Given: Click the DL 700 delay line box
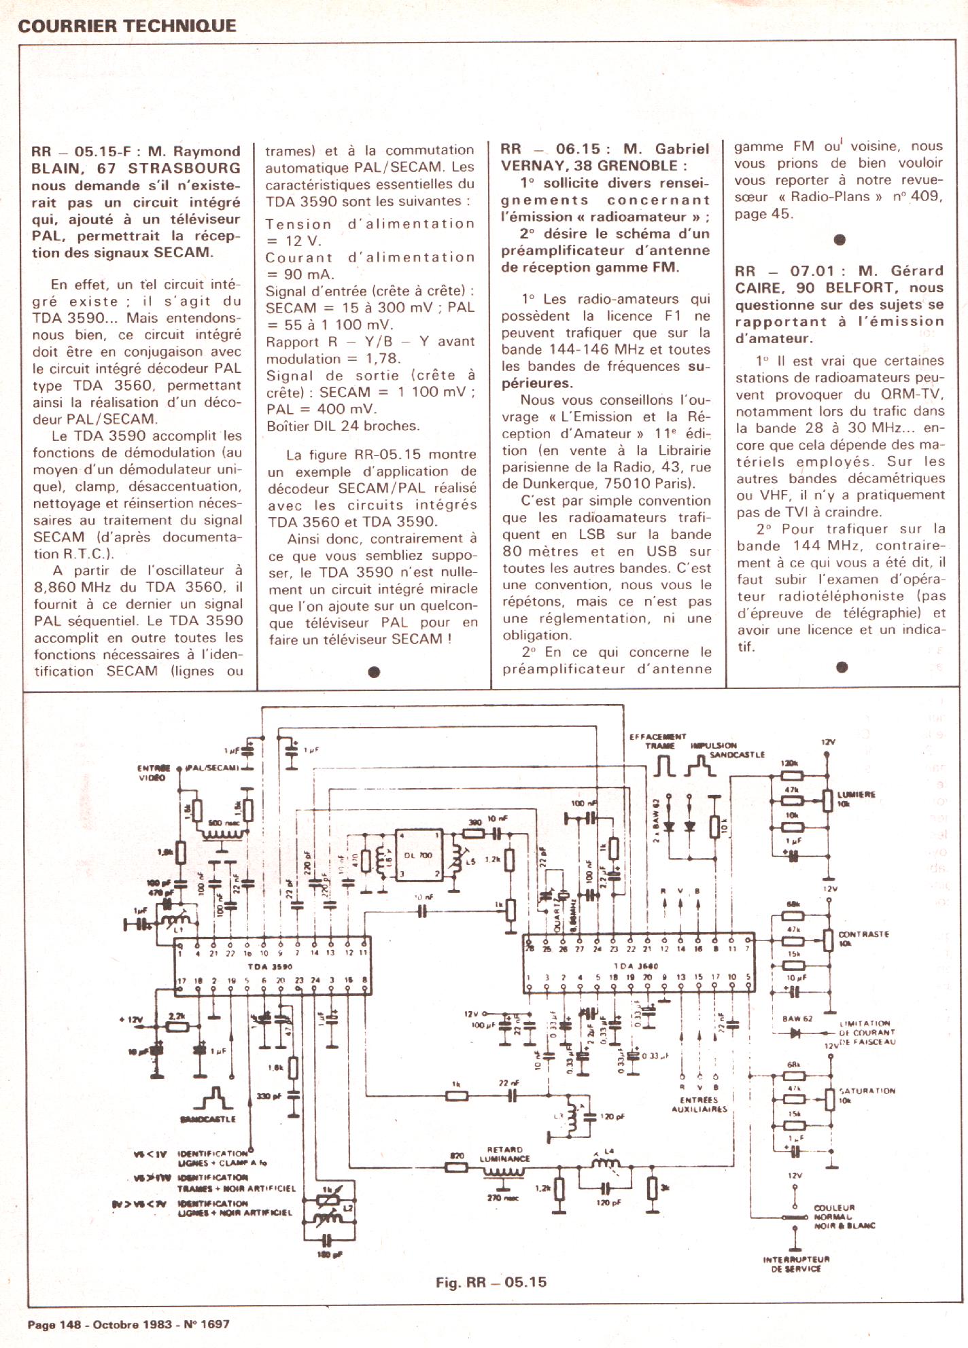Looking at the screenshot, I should tap(418, 855).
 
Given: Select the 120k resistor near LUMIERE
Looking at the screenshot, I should tap(793, 775).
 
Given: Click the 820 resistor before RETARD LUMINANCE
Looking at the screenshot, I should tap(457, 1167).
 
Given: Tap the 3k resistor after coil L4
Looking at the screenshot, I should tap(651, 1188).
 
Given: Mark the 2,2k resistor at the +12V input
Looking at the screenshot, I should tap(178, 1027).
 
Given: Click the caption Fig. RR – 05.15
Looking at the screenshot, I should tap(491, 1282).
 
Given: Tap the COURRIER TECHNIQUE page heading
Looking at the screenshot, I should tap(127, 26).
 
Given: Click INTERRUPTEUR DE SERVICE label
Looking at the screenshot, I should tap(796, 1264).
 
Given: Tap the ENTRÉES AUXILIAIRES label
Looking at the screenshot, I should tap(699, 1104).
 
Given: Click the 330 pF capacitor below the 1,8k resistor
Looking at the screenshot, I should tap(293, 1096).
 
